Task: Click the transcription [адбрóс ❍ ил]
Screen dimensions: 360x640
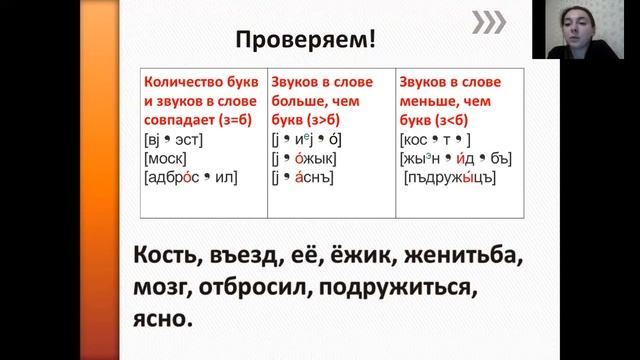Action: pos(192,177)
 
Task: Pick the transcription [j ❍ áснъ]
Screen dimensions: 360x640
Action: pos(304,177)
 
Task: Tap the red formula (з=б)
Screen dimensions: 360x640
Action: pos(235,122)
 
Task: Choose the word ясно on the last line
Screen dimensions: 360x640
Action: pos(159,322)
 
